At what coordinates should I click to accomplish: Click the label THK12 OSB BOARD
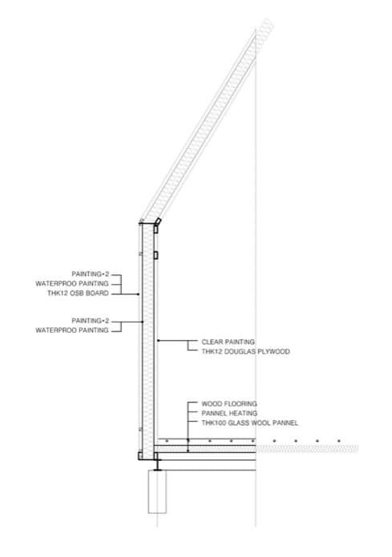click(78, 293)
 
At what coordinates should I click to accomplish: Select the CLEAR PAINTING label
click(228, 342)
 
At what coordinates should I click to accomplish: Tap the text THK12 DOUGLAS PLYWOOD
click(245, 351)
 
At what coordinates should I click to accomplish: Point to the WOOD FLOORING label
click(229, 403)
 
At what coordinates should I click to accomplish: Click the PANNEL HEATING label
click(229, 413)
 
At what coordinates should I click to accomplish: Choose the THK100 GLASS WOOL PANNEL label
click(250, 423)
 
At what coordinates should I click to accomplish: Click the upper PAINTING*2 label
click(91, 274)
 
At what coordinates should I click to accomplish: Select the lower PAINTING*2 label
click(91, 321)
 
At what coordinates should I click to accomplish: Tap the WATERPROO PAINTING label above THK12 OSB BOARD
click(72, 283)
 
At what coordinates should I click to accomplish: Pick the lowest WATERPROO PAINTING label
click(72, 331)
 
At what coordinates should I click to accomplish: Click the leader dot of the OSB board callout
click(139, 294)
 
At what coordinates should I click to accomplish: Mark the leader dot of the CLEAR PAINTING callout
click(158, 341)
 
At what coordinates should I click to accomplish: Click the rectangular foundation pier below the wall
click(157, 491)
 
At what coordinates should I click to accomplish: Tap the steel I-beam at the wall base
click(157, 465)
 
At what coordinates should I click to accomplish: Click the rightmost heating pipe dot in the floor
click(339, 441)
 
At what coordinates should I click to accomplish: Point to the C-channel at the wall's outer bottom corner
click(140, 456)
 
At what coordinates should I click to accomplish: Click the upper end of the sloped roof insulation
click(265, 25)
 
